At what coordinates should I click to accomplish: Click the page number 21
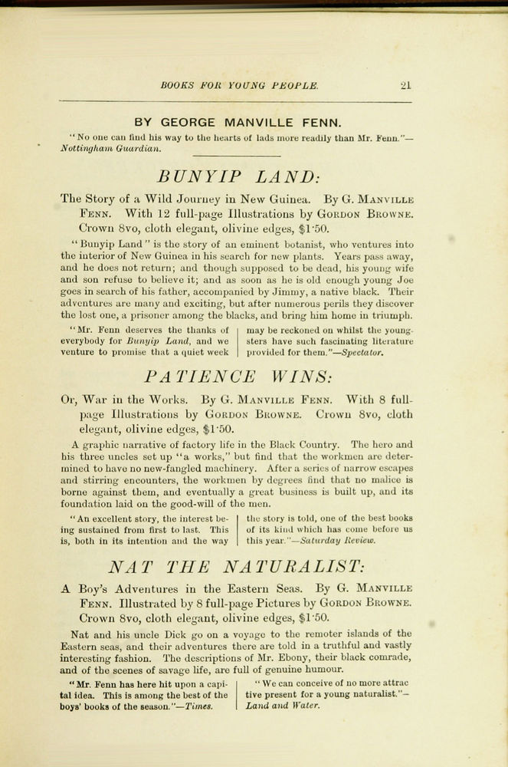click(406, 85)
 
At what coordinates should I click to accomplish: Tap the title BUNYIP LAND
click(238, 177)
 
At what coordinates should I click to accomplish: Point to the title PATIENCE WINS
click(238, 377)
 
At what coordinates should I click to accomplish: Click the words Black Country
click(309, 444)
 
